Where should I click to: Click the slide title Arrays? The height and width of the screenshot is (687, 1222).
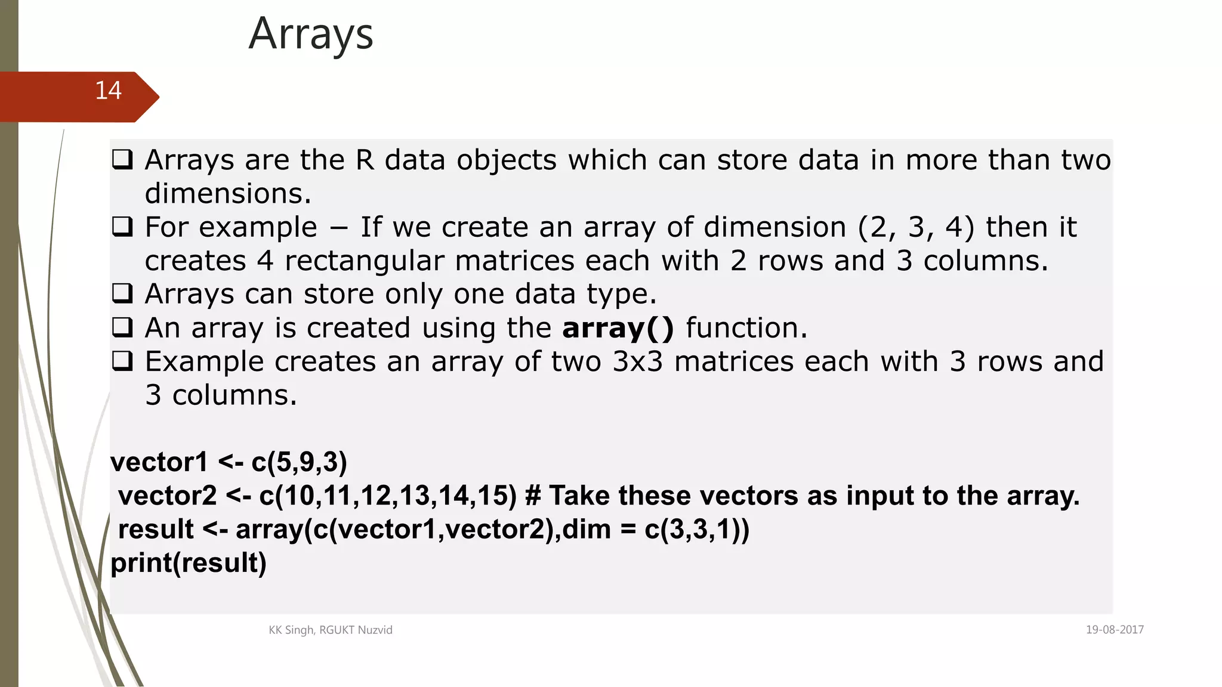click(311, 35)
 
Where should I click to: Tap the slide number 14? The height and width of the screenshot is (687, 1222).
click(108, 91)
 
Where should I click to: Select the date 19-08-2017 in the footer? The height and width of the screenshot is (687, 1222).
click(1114, 630)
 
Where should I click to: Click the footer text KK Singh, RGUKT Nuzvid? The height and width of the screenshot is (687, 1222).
click(331, 630)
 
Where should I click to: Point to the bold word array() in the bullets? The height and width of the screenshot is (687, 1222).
click(618, 328)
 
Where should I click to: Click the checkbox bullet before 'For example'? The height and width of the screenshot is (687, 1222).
click(122, 227)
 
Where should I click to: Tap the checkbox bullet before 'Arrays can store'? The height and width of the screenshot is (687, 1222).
click(122, 294)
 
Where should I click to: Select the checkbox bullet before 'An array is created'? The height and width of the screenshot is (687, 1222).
click(122, 327)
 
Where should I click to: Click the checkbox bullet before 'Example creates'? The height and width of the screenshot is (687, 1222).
click(122, 361)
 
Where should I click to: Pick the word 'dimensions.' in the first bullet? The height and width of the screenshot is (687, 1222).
click(228, 194)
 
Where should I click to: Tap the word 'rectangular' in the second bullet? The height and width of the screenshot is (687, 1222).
click(364, 261)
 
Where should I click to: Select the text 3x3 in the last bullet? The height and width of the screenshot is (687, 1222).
click(637, 362)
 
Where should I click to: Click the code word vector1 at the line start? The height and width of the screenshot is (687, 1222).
click(159, 462)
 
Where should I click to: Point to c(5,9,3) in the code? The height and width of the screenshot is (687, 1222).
click(299, 462)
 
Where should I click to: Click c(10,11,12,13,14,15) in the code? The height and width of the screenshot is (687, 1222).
click(388, 496)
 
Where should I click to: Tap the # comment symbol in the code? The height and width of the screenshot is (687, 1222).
click(533, 496)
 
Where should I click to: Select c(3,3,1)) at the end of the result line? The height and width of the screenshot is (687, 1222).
click(696, 530)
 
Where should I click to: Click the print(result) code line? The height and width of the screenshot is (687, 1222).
click(189, 563)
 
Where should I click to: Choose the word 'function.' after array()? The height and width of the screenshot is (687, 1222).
click(746, 328)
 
